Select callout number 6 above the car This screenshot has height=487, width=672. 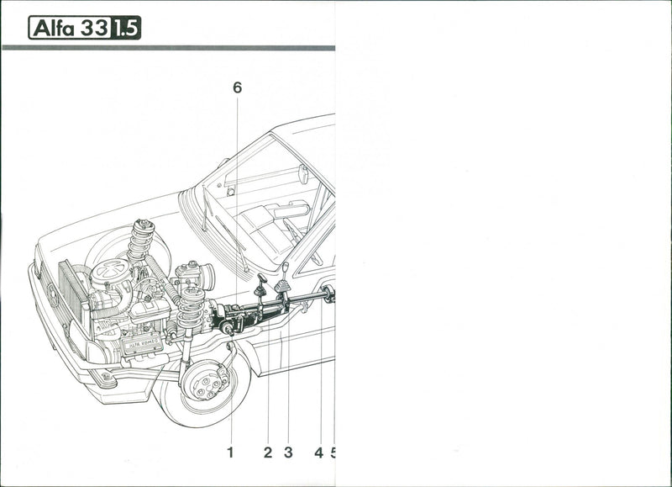coord(237,87)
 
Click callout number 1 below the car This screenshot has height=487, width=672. coord(229,453)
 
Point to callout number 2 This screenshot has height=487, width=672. coord(267,453)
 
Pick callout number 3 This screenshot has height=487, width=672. coord(288,453)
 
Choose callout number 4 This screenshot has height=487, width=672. coord(318,453)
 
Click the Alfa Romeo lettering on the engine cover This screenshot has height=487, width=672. coord(141,344)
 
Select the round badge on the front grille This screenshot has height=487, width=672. coord(50,294)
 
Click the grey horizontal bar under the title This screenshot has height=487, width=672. coord(168,48)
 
